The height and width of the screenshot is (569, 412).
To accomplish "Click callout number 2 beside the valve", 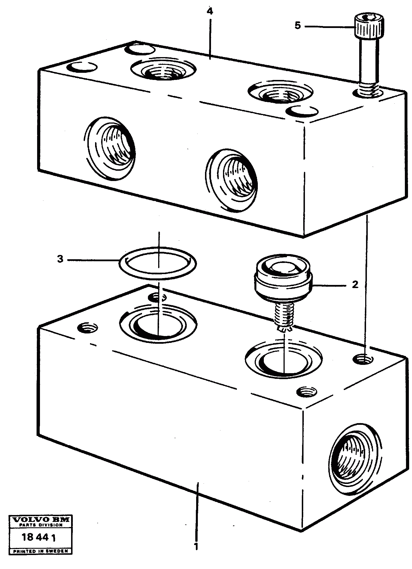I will (x=355, y=284).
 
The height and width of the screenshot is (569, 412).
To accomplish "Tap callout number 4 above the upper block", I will (x=210, y=12).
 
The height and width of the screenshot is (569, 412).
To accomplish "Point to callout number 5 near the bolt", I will (x=298, y=26).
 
